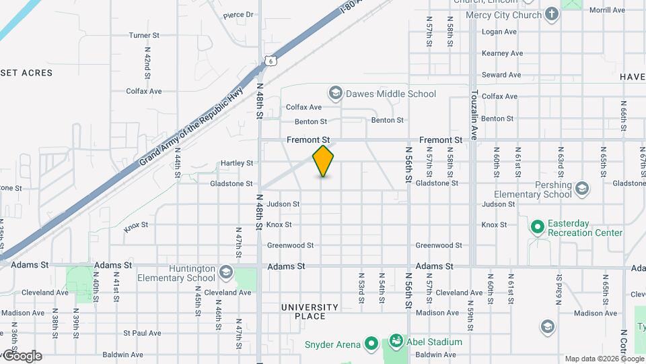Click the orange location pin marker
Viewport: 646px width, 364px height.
[324, 161]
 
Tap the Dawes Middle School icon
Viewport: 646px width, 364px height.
[335, 93]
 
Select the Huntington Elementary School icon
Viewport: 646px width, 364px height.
[225, 272]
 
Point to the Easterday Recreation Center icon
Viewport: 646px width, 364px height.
[537, 228]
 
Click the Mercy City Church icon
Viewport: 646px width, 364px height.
[552, 14]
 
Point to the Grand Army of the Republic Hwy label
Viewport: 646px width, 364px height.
[190, 127]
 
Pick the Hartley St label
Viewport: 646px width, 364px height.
[237, 163]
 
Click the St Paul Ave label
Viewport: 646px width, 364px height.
[142, 333]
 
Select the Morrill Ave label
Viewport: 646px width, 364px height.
[607, 10]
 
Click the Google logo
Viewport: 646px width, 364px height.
[22, 355]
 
